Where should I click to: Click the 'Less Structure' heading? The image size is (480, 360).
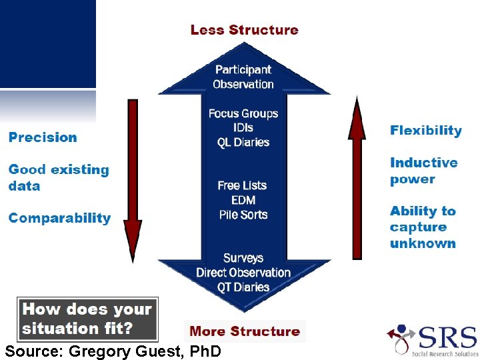pos(244,30)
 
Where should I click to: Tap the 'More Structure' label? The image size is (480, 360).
pos(245,331)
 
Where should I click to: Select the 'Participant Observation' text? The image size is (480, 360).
pos(243,77)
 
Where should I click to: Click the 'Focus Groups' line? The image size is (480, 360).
pos(243,113)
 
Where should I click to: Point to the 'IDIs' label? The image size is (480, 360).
pos(243,128)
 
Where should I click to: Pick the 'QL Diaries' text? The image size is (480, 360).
pos(243,142)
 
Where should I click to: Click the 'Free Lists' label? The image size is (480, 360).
pos(242,185)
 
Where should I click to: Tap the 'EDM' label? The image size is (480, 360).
pos(243,200)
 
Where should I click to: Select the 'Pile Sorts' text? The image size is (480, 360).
pos(243,215)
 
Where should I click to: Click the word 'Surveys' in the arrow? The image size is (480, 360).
pos(243,258)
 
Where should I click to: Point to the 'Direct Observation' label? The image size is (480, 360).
pos(243,273)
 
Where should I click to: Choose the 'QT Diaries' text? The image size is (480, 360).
pos(243,287)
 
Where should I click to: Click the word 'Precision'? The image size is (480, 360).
pos(43,138)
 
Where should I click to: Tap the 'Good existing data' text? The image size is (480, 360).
pos(58,177)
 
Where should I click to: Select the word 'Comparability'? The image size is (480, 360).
pos(59,218)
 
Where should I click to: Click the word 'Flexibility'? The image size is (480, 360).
pos(425,131)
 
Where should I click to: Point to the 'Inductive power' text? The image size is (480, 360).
pos(423,171)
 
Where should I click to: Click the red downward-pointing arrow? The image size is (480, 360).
pos(133,180)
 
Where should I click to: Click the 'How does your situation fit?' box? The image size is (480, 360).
pos(87,318)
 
